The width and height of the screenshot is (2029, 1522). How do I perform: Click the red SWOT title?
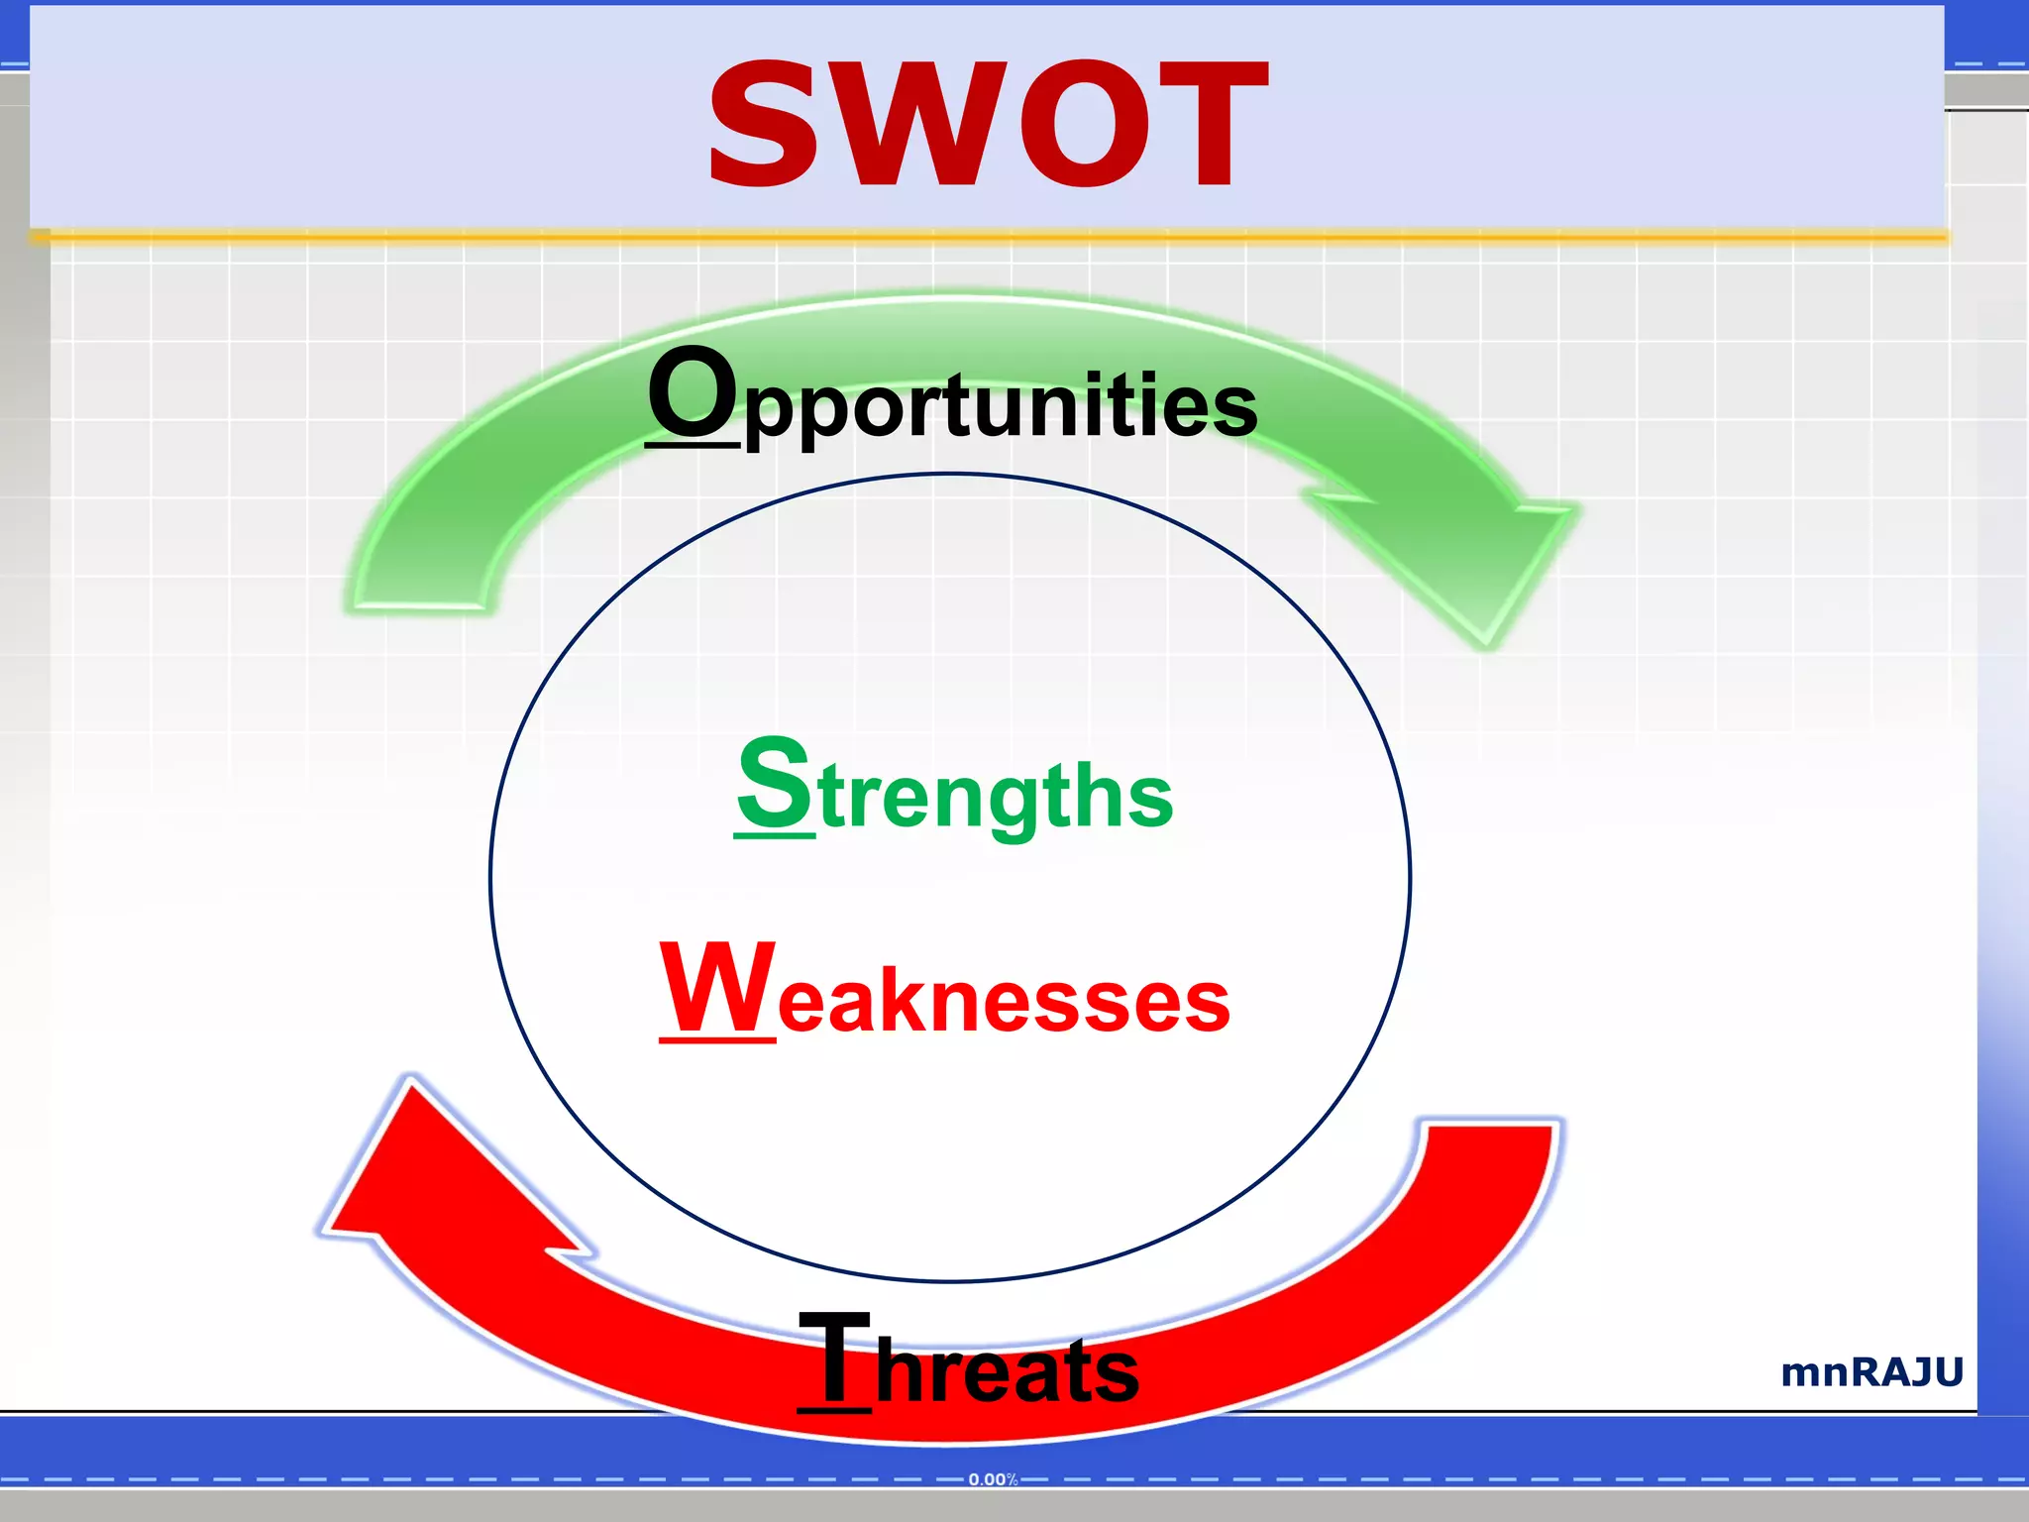[x=988, y=124]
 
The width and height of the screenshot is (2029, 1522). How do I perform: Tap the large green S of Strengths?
[x=774, y=785]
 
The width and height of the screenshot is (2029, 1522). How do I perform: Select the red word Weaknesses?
[x=945, y=992]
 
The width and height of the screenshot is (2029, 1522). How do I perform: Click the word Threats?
[x=968, y=1362]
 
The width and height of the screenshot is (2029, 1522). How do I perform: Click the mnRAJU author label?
[x=1871, y=1372]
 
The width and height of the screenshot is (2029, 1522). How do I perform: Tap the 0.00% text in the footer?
[x=993, y=1479]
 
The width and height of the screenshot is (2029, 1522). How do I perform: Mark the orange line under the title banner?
[x=991, y=236]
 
